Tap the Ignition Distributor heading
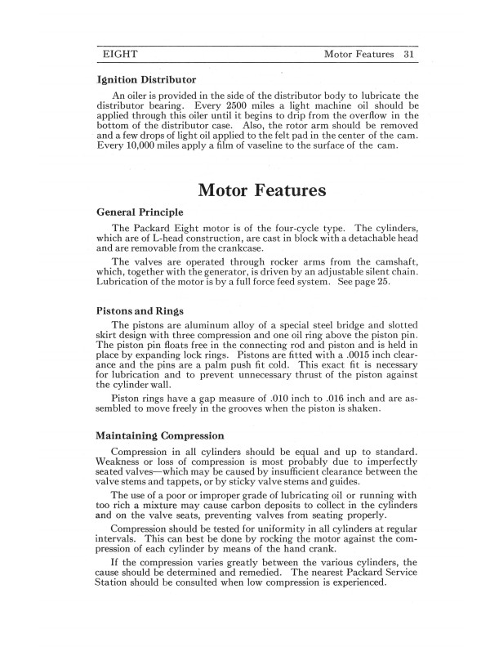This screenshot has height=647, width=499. (x=146, y=81)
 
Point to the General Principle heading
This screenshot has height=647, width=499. (x=140, y=212)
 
